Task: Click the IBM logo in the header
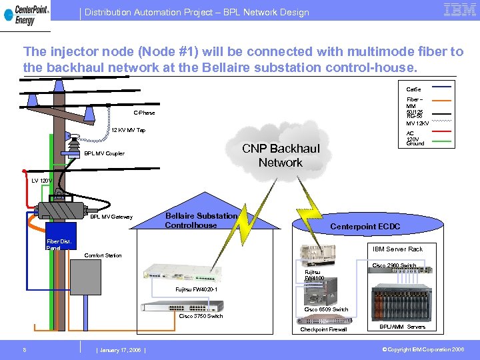click(459, 9)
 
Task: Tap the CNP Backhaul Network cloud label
click(280, 155)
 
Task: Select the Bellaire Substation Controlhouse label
click(201, 221)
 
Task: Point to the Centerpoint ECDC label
click(365, 227)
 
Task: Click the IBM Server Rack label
click(397, 249)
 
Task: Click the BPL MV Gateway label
click(111, 217)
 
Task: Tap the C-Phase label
click(144, 113)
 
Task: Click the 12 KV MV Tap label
click(128, 131)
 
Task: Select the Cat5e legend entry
click(413, 89)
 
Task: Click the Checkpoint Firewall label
click(323, 329)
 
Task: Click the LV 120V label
click(41, 181)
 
